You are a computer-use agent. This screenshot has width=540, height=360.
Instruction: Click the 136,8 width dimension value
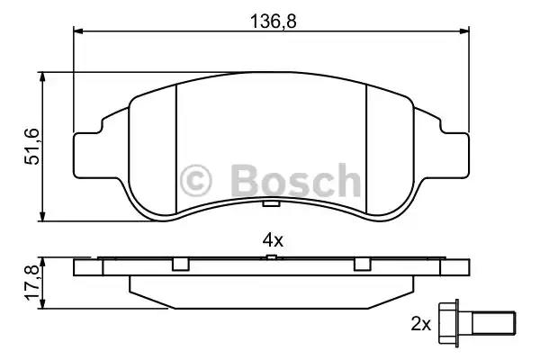tap(273, 22)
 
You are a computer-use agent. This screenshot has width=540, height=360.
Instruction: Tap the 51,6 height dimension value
tap(32, 147)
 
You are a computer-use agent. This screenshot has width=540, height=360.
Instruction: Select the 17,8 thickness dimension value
tap(32, 283)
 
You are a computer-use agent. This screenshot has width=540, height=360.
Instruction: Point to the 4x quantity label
tap(273, 240)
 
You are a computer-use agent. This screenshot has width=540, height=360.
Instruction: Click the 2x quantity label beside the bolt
tap(421, 324)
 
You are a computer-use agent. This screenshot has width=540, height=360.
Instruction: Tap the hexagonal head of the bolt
tap(448, 323)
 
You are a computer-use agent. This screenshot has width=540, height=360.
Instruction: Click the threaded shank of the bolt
tap(494, 323)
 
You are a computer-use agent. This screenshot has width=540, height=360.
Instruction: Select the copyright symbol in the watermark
tap(195, 181)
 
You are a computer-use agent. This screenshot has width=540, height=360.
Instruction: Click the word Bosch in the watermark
tap(295, 181)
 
